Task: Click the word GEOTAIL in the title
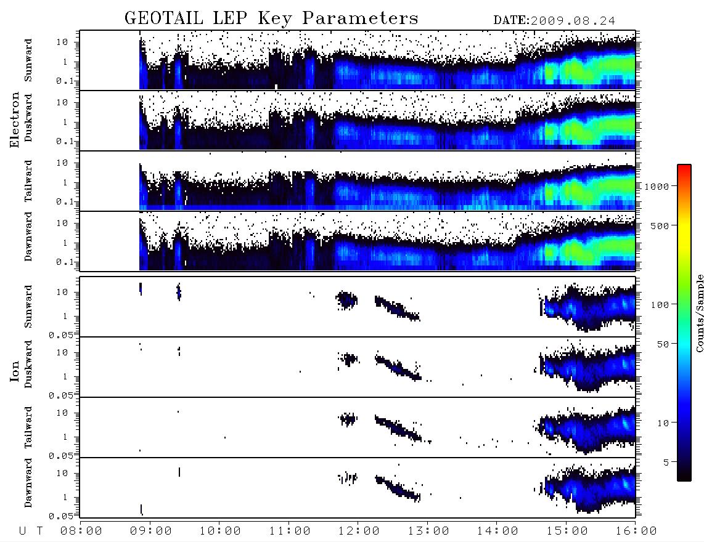(x=164, y=18)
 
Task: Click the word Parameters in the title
(x=360, y=18)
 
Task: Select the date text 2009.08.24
(x=573, y=21)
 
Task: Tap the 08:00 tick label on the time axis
(x=81, y=531)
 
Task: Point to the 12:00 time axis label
(x=359, y=531)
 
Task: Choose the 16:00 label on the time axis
(x=636, y=531)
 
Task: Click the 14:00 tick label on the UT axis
(x=497, y=531)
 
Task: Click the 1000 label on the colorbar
(x=657, y=186)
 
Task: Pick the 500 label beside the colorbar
(x=660, y=225)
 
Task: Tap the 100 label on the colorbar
(x=660, y=305)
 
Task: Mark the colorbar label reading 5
(x=666, y=462)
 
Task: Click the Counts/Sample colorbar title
(x=699, y=313)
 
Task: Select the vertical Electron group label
(x=14, y=119)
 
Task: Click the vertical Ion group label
(x=14, y=371)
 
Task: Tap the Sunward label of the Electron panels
(x=28, y=60)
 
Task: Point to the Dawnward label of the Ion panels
(x=28, y=483)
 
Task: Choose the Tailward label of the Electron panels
(x=28, y=181)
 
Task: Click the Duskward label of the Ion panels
(x=28, y=364)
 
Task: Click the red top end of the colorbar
(x=684, y=167)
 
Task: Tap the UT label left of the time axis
(x=31, y=531)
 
